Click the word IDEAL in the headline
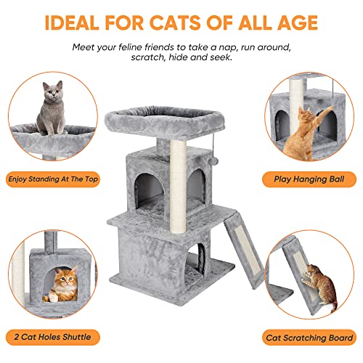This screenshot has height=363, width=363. coord(75,22)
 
